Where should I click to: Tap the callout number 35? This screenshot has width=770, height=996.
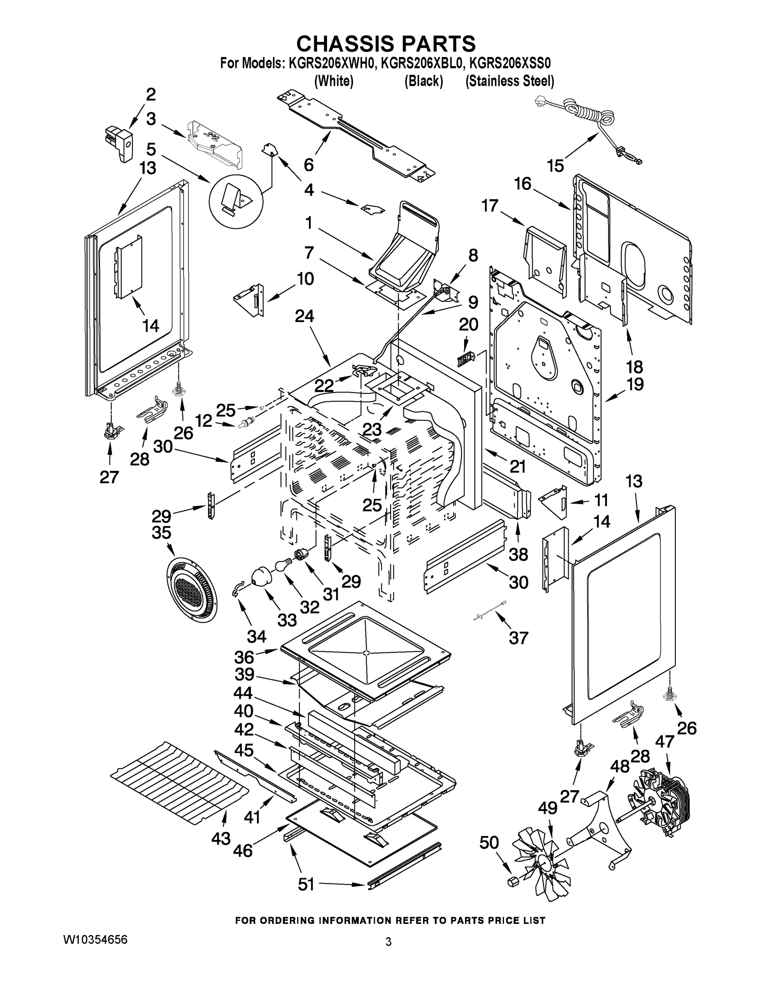pyautogui.click(x=161, y=533)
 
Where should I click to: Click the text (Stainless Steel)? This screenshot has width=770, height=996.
pyautogui.click(x=510, y=81)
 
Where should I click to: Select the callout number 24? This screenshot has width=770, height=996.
pyautogui.click(x=304, y=317)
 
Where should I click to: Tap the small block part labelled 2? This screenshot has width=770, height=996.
pyautogui.click(x=119, y=143)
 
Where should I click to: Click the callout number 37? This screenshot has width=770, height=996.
pyautogui.click(x=518, y=637)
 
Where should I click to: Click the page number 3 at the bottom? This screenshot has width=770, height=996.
pyautogui.click(x=388, y=942)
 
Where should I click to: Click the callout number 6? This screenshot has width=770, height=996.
pyautogui.click(x=309, y=165)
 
